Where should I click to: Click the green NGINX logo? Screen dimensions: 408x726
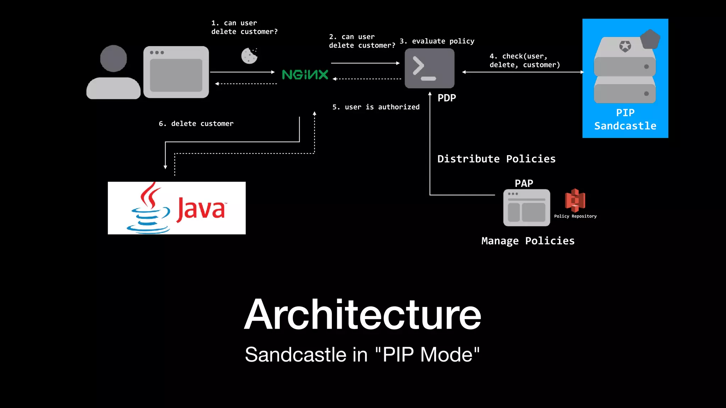click(305, 74)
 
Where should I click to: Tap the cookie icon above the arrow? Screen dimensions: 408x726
click(249, 56)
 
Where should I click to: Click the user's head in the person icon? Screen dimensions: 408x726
click(113, 58)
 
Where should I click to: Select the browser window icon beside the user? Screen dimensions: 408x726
click(176, 72)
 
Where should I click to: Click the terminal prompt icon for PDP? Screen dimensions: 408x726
click(429, 68)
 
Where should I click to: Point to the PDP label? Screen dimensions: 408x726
click(447, 98)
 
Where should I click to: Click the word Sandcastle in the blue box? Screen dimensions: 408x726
click(625, 126)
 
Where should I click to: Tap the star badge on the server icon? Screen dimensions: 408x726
click(625, 46)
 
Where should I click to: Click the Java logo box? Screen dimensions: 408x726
click(177, 208)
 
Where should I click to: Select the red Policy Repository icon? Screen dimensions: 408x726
click(575, 200)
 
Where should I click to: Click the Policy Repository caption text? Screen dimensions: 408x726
click(575, 216)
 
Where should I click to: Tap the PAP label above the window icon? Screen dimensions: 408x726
click(524, 183)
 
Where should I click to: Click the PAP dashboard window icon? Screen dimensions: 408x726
click(526, 208)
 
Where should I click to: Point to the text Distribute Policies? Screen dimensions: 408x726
click(496, 159)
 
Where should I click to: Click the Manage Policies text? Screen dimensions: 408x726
click(528, 241)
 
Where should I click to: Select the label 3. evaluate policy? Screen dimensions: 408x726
click(437, 41)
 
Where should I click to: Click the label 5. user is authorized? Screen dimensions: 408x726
click(376, 107)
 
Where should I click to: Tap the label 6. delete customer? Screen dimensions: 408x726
click(196, 124)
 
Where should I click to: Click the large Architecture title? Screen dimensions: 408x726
click(362, 314)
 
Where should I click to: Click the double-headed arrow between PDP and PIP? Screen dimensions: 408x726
click(523, 72)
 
